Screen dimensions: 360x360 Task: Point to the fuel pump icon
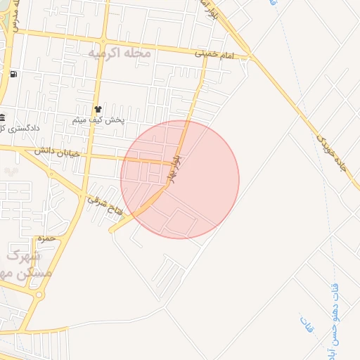pyautogui.click(x=13, y=74)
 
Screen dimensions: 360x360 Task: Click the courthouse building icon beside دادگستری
pyautogui.click(x=3, y=117)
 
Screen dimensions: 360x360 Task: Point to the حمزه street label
pyautogui.click(x=46, y=239)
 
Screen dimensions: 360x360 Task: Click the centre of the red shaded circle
pyautogui.click(x=180, y=179)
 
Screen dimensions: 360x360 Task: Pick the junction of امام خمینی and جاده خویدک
pyautogui.click(x=252, y=57)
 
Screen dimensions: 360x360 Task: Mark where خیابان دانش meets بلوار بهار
pyautogui.click(x=173, y=162)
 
